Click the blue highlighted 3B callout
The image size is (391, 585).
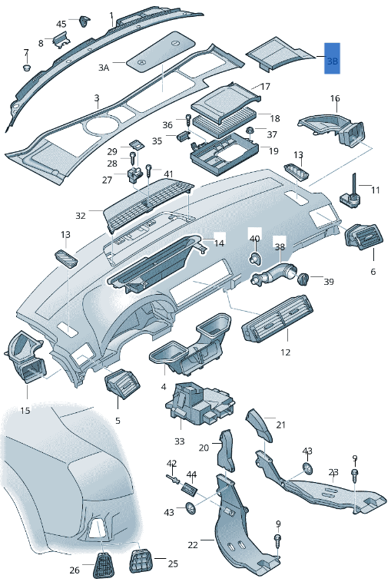click(x=332, y=59)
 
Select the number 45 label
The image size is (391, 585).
click(x=61, y=25)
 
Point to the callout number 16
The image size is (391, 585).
click(x=335, y=98)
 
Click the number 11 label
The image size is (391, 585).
click(x=375, y=190)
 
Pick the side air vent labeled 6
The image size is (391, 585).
click(x=363, y=238)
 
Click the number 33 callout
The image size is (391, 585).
click(x=180, y=441)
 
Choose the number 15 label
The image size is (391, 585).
click(x=25, y=411)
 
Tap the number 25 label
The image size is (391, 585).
click(x=173, y=564)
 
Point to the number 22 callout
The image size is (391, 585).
click(x=193, y=544)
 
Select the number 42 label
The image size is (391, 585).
click(x=172, y=463)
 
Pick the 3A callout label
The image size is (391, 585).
click(x=104, y=68)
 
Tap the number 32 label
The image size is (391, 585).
click(x=81, y=216)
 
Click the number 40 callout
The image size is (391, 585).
click(x=255, y=239)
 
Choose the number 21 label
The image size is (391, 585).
click(x=280, y=425)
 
